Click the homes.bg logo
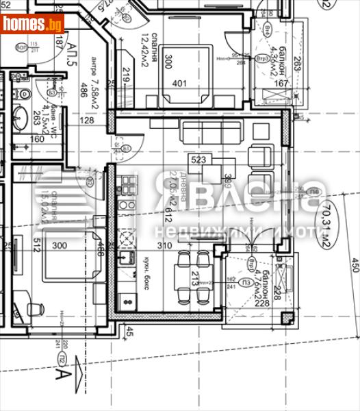coord(32,24)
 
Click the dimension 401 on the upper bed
coord(180,84)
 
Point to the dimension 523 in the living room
coord(199,160)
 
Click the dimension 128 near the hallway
coord(88,121)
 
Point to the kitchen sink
coord(127,258)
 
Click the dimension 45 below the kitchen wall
coord(129,334)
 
